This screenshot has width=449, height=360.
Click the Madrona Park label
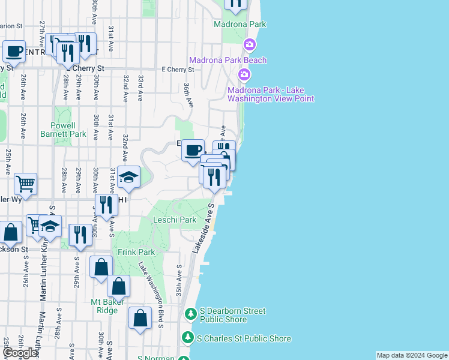click(x=240, y=25)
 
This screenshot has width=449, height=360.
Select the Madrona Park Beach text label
click(x=228, y=60)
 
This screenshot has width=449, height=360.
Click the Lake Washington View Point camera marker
click(x=244, y=74)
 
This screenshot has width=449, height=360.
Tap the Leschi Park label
click(x=175, y=220)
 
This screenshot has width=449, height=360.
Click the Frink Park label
click(x=136, y=253)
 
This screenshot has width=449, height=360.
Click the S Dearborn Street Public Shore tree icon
click(x=190, y=314)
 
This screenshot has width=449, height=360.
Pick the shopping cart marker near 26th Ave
click(x=25, y=184)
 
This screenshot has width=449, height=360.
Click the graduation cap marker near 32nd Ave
click(x=128, y=177)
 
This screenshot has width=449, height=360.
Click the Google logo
click(x=19, y=353)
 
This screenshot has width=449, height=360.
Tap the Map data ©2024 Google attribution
click(x=412, y=355)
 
